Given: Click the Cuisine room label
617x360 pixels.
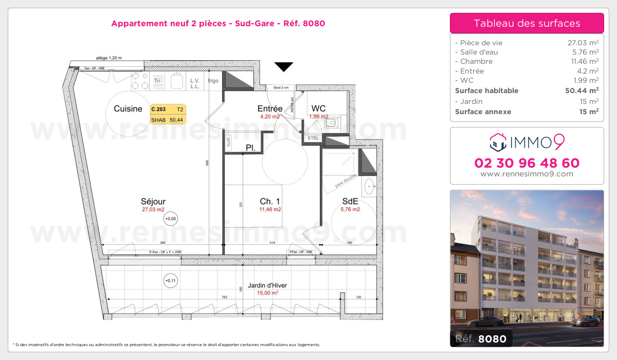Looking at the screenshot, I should (128, 109).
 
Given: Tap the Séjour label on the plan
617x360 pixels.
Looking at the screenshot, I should (153, 202).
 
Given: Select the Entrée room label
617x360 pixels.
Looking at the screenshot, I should (269, 109).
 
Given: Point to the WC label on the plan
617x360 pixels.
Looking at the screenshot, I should (318, 109).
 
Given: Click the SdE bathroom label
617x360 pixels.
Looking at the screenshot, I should (350, 202).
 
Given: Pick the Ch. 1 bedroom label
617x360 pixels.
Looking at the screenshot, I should (269, 202).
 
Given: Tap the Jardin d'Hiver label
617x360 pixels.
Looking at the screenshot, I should (267, 286).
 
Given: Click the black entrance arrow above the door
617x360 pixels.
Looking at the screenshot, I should (283, 66).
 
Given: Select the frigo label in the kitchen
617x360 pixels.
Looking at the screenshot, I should (213, 81).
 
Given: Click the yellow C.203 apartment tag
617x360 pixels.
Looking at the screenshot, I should (158, 109).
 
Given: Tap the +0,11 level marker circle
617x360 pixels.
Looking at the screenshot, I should (170, 281).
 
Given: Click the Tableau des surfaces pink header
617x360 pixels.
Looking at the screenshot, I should (527, 23).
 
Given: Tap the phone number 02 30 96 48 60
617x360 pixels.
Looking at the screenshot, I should (527, 163).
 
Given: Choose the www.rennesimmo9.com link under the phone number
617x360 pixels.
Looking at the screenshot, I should (527, 174).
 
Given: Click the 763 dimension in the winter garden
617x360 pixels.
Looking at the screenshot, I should (224, 297).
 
